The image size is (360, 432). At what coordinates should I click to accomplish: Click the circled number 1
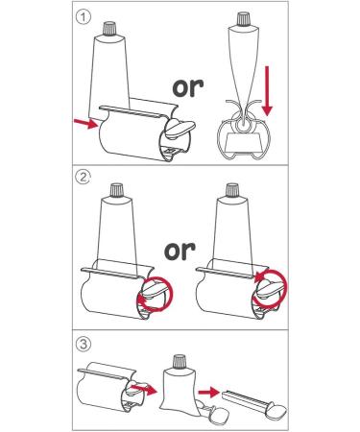(84, 17)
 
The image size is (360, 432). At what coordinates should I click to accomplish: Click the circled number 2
(84, 177)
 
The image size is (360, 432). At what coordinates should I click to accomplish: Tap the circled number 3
(84, 345)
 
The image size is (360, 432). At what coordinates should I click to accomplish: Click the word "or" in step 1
(188, 87)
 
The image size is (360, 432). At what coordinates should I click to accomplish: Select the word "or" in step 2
(180, 250)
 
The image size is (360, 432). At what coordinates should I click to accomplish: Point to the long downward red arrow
(267, 91)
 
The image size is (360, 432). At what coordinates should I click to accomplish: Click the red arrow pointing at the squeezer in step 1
(85, 123)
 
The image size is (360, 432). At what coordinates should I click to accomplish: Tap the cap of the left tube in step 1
(110, 28)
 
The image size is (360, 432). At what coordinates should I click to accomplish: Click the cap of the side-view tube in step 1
(244, 18)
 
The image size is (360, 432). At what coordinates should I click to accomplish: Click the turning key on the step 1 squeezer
(180, 129)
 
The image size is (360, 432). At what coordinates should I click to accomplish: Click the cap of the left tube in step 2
(116, 189)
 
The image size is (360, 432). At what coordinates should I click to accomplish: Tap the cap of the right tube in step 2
(232, 189)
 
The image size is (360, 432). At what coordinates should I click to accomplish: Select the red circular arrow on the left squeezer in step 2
(155, 294)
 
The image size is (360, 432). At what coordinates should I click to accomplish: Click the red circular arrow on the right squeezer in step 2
(271, 288)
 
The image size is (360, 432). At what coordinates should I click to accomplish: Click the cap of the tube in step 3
(180, 362)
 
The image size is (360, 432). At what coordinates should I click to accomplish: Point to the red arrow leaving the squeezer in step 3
(144, 389)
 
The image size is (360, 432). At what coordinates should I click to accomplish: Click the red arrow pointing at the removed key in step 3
(208, 392)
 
